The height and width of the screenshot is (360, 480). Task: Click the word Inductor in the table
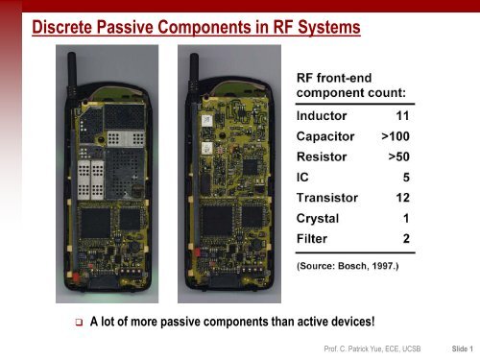click(324, 115)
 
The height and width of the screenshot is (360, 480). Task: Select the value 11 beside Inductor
click(402, 115)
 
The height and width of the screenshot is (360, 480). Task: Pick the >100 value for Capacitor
click(395, 135)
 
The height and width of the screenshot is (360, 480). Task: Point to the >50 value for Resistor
click(398, 156)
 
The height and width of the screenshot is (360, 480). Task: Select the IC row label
click(302, 177)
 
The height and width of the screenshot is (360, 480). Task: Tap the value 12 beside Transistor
click(402, 197)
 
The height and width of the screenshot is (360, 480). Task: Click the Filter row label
click(313, 238)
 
